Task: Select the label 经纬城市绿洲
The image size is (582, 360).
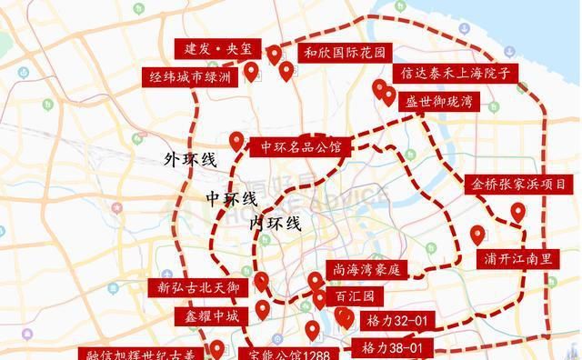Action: point(190,77)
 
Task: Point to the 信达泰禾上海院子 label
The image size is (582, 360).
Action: point(457,74)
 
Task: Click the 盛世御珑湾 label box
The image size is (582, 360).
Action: point(439,100)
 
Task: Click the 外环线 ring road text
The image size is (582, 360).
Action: point(190,161)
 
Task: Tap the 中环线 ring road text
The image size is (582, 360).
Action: point(230,198)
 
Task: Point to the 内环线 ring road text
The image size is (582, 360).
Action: point(276,223)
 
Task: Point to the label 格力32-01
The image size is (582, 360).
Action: point(393,321)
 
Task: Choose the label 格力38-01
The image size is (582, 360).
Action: point(392,347)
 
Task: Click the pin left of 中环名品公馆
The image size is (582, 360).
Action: point(236,141)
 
